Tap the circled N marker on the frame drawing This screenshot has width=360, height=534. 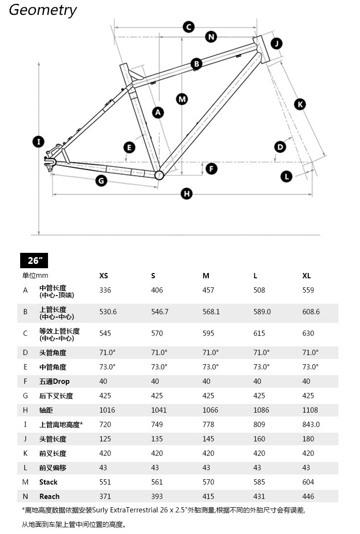pyautogui.click(x=211, y=37)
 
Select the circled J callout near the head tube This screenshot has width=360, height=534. pyautogui.click(x=276, y=44)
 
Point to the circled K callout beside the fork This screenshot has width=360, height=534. pyautogui.click(x=300, y=104)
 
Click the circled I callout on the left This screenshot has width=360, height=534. pyautogui.click(x=38, y=142)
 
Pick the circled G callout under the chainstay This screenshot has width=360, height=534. pyautogui.click(x=101, y=181)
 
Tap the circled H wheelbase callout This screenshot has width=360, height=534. pyautogui.click(x=186, y=194)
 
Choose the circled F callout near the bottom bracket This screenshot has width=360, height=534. pyautogui.click(x=211, y=168)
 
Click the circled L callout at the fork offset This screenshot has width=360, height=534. pyautogui.click(x=287, y=177)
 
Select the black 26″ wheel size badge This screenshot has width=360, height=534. pyautogui.click(x=34, y=261)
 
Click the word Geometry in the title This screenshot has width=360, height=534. pyautogui.click(x=43, y=10)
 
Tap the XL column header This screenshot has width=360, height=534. pyautogui.click(x=307, y=276)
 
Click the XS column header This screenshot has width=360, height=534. pyautogui.click(x=104, y=276)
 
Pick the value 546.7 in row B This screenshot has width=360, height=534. pyautogui.click(x=160, y=312)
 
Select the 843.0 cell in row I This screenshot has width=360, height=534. pyautogui.click(x=311, y=425)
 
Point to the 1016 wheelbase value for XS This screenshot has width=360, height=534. pyautogui.click(x=107, y=410)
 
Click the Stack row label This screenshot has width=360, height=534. pyautogui.click(x=48, y=482)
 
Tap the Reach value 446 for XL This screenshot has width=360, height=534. pyautogui.click(x=308, y=497)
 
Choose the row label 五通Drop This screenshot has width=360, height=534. pyautogui.click(x=54, y=381)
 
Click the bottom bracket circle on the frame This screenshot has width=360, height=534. pyautogui.click(x=159, y=175)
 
